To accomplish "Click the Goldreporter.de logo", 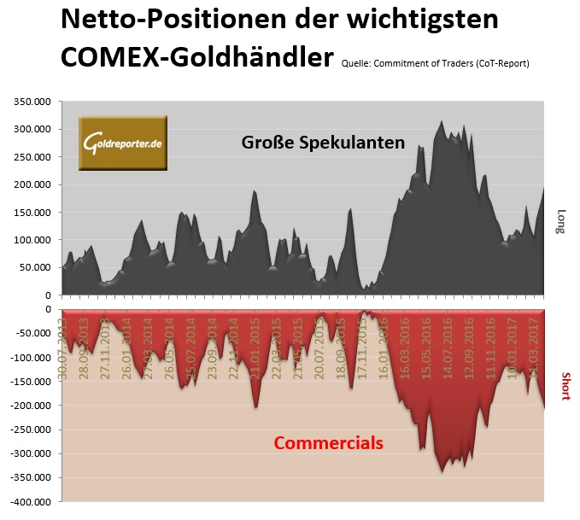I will pyautogui.click(x=123, y=143).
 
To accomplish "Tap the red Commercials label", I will pyautogui.click(x=328, y=443).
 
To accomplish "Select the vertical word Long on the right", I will pyautogui.click(x=561, y=221).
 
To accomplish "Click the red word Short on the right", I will pyautogui.click(x=563, y=386).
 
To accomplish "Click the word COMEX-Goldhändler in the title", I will pyautogui.click(x=196, y=57).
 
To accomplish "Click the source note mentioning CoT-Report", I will pyautogui.click(x=435, y=63).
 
